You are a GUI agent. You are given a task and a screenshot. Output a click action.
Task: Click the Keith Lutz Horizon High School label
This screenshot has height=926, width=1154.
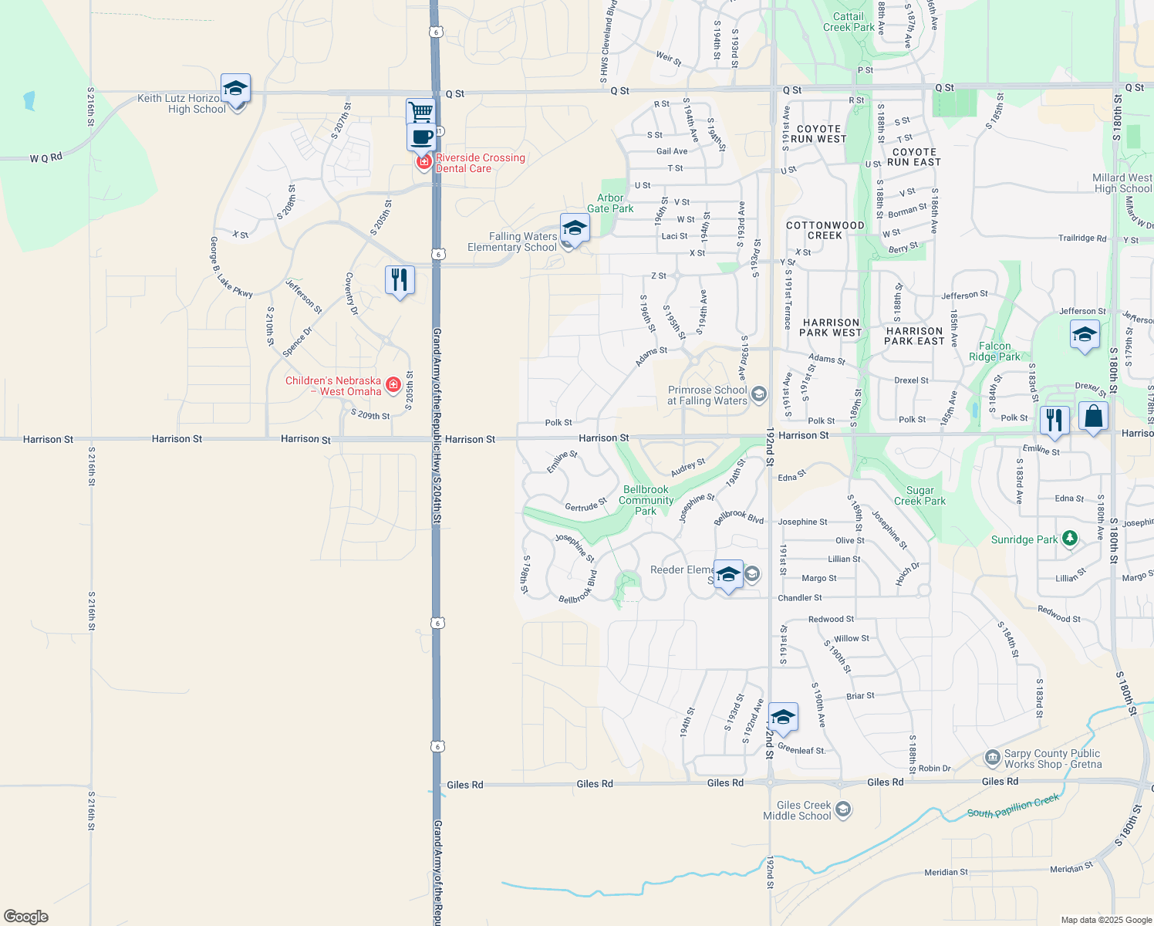coord(181,103)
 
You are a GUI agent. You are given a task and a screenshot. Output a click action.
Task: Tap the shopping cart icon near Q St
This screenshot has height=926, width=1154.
coord(421,113)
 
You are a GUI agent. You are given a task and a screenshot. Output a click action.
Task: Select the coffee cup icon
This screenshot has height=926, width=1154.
coord(421,137)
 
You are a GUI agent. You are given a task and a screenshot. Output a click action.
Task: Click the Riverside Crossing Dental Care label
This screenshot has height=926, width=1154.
coord(480,163)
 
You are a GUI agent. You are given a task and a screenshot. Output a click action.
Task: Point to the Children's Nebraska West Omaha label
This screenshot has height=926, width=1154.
coord(333,386)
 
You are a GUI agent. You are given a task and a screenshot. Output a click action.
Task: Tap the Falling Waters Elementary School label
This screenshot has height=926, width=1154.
coord(512,242)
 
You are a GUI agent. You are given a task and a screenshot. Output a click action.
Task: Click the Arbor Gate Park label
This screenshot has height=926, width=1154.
coord(610,203)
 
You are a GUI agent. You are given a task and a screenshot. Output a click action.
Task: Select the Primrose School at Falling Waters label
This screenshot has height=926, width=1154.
coord(707,395)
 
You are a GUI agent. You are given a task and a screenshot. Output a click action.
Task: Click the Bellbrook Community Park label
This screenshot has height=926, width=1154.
coord(646,500)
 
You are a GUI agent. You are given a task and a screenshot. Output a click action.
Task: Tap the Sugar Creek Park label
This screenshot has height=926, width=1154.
coord(919,495)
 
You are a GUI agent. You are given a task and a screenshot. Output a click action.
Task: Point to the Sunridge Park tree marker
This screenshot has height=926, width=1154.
coord(1069,539)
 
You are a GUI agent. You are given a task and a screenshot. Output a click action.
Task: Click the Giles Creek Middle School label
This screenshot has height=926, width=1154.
coord(798,810)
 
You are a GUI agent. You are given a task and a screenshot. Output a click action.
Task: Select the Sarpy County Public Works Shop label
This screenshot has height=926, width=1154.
coord(1052,759)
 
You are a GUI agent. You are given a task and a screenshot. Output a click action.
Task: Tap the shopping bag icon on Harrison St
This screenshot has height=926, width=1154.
coord(1093,417)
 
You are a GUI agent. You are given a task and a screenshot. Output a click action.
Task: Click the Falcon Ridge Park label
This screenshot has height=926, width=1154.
coord(994,351)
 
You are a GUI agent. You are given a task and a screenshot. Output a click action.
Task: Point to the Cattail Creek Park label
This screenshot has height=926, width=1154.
coord(849,22)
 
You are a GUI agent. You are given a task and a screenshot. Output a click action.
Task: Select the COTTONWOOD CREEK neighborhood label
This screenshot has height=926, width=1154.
coord(825,230)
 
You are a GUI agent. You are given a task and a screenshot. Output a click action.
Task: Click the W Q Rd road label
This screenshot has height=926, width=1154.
coord(46,158)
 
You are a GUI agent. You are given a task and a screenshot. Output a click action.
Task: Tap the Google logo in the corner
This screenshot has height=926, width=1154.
coord(26,917)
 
